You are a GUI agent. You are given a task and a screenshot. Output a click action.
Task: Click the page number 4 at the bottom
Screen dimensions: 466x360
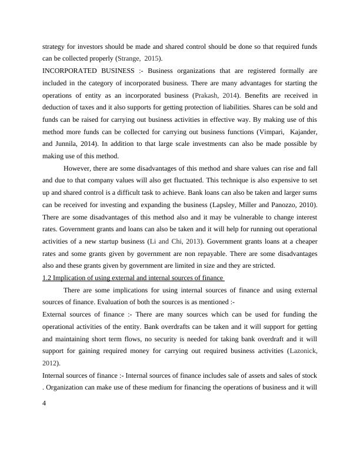pyautogui.click(x=45, y=403)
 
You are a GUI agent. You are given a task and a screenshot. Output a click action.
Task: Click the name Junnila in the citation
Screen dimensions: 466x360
pyautogui.click(x=69, y=144)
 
